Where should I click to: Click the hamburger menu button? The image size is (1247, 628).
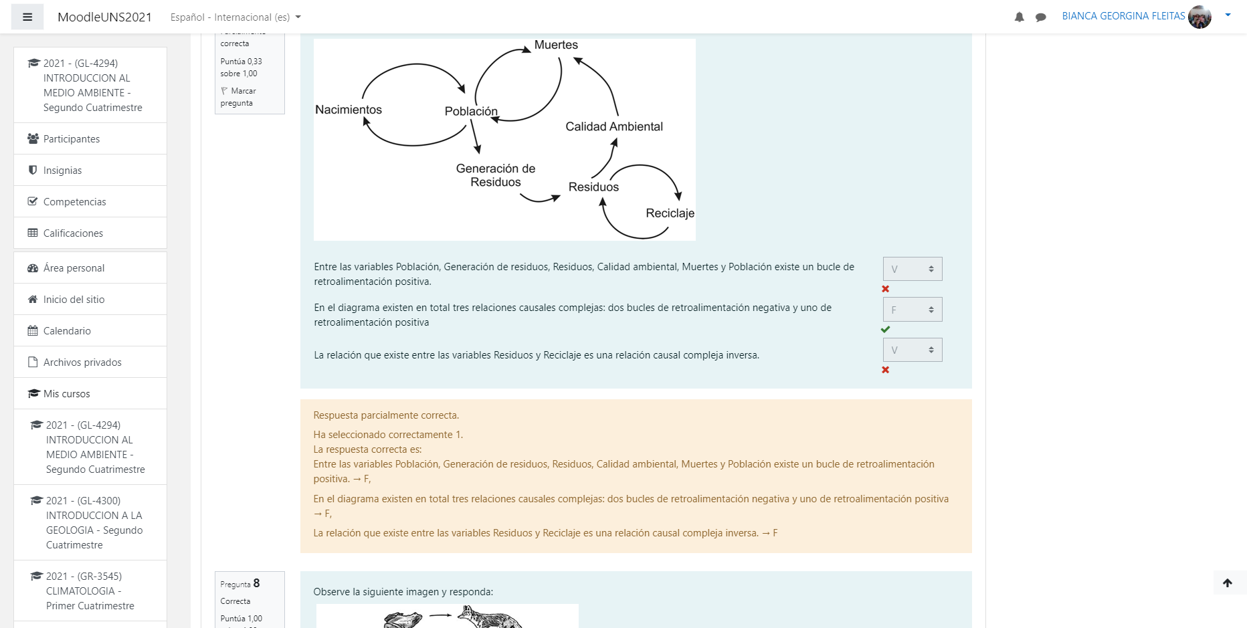click(x=27, y=17)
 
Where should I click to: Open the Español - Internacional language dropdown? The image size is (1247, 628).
click(x=235, y=17)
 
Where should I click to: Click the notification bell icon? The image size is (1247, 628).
click(x=1019, y=17)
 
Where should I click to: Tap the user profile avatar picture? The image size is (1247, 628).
click(x=1200, y=17)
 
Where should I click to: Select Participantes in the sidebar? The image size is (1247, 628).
click(x=72, y=139)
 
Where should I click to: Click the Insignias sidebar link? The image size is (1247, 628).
click(x=62, y=171)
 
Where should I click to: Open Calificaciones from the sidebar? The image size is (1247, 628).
click(x=73, y=233)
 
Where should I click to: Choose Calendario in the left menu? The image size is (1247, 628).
click(x=67, y=331)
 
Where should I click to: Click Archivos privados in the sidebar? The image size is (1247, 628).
click(x=82, y=362)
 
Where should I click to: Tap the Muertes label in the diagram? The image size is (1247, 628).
click(x=556, y=45)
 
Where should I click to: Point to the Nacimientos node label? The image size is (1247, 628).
click(x=349, y=110)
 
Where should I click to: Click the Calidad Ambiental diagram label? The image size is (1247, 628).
click(x=614, y=126)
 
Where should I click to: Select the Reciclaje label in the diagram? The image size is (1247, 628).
click(x=670, y=213)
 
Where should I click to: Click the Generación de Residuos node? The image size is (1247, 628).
click(x=496, y=175)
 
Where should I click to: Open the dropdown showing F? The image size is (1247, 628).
click(x=912, y=310)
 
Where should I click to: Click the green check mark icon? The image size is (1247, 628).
click(x=885, y=330)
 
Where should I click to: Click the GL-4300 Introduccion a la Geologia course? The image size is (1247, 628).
click(x=94, y=522)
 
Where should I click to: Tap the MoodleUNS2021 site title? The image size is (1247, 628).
click(x=104, y=17)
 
